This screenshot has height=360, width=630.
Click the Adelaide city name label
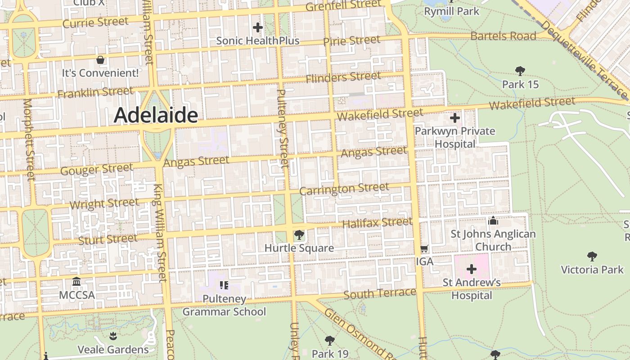[156, 115]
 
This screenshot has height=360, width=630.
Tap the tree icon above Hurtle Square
[298, 235]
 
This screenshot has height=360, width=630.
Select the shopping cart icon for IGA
[424, 249]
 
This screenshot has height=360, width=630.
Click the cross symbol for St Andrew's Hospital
[471, 269]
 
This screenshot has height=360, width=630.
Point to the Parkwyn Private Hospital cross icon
[454, 118]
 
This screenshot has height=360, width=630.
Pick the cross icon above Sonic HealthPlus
[257, 28]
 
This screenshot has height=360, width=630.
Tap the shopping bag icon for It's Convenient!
[100, 60]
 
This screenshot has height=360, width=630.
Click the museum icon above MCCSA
[76, 282]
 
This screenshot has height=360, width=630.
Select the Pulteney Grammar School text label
[224, 305]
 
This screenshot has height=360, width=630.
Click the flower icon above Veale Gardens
[113, 336]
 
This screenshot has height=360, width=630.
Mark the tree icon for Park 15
[520, 71]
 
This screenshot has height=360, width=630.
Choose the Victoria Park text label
[592, 270]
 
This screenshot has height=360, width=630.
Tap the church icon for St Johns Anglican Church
[493, 221]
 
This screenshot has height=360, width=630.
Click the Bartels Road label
[503, 36]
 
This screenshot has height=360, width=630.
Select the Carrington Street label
[344, 189]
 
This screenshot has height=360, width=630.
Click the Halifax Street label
[377, 222]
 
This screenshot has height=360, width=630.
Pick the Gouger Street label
[97, 169]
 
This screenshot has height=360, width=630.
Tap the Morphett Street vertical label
[28, 139]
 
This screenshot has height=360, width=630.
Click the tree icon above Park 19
[330, 340]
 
